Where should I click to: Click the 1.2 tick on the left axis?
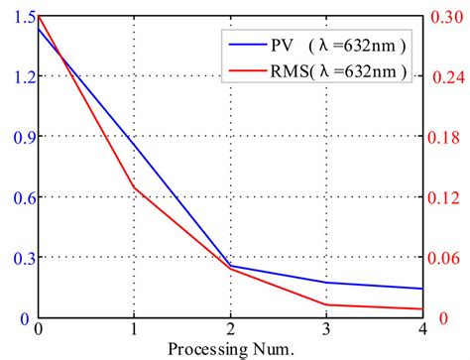(x=19, y=77)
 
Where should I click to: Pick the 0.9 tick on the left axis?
(x=19, y=138)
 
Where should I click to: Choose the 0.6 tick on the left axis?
(x=19, y=198)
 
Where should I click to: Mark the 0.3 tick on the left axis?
(x=19, y=258)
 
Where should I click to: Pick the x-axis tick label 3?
(x=328, y=329)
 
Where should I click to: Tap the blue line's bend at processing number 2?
(x=231, y=265)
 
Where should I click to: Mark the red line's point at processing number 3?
(x=328, y=304)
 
